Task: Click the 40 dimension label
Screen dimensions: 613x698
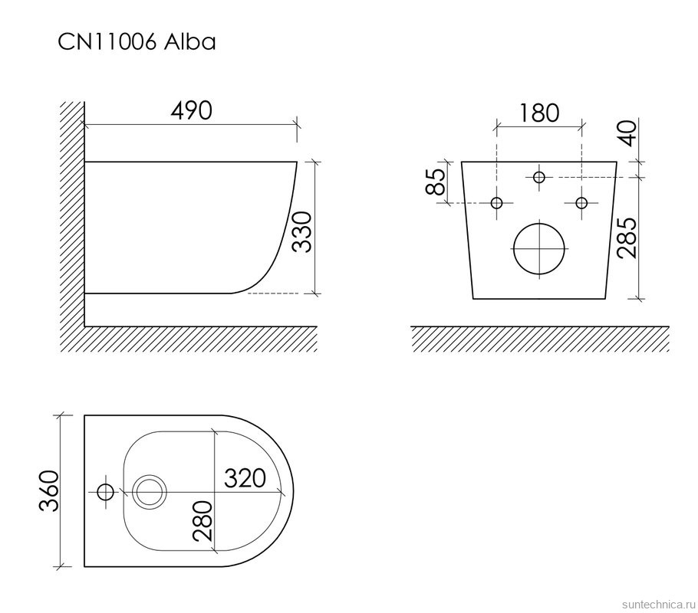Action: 628,133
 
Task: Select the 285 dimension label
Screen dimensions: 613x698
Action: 628,238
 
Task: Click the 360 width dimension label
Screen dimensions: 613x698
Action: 48,491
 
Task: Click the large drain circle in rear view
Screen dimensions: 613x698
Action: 539,248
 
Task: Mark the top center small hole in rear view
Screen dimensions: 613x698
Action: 539,177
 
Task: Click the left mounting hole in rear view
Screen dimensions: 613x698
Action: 497,203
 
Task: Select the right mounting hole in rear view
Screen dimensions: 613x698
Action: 581,203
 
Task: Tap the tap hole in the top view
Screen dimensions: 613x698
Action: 104,490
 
